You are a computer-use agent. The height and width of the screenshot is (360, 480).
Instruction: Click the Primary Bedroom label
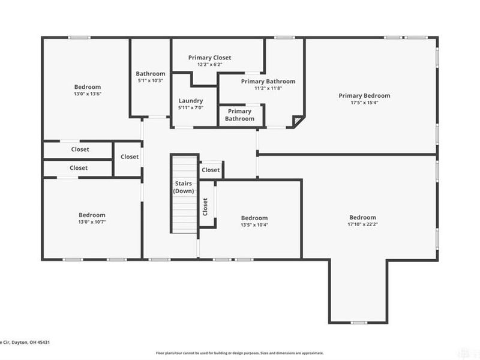point(364,95)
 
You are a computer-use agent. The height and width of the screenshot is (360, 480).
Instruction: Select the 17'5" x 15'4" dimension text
point(364,103)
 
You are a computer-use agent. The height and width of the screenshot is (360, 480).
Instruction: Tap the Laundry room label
point(191,101)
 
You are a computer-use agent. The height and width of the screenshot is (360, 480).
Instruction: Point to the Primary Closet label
point(209,58)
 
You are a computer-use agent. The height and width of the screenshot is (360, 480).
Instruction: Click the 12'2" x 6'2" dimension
point(209,65)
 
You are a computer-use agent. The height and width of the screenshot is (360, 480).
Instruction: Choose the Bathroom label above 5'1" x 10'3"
point(150,74)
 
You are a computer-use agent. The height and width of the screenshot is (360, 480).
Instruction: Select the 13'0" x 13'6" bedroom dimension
point(88,94)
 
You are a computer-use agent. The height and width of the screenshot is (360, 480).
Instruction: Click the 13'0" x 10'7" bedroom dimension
point(92,222)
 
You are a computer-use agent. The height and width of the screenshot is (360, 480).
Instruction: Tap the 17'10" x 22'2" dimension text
point(363,225)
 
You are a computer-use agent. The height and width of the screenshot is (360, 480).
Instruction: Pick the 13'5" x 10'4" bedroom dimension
point(254,225)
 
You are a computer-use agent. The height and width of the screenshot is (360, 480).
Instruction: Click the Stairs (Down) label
point(184,187)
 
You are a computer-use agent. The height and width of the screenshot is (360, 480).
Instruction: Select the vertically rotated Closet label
point(205,207)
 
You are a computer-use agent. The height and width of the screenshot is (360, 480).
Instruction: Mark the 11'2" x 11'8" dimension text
point(268,89)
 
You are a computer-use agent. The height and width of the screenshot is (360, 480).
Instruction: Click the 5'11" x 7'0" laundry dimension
point(191,108)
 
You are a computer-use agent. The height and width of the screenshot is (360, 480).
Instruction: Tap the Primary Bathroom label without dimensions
point(239,115)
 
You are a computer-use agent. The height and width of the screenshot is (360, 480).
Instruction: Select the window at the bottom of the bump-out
point(359,323)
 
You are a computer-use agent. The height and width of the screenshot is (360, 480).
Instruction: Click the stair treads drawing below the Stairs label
point(184,216)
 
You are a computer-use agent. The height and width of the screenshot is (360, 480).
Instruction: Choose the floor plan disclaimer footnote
point(240,353)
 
